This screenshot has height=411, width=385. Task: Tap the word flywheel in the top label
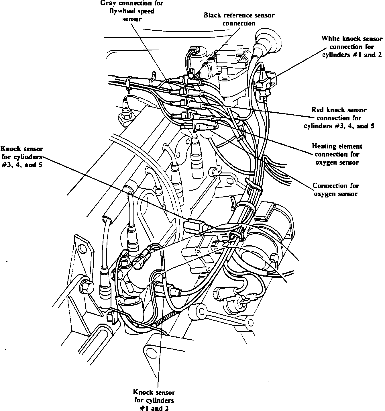point(123,11)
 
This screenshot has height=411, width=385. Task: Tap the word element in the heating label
point(351,146)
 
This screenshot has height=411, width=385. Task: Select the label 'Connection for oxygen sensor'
point(336,190)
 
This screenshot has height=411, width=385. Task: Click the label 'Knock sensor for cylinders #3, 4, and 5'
point(22,157)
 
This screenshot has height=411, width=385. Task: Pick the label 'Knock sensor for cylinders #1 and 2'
point(154,400)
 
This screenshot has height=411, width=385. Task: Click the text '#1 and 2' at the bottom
point(154,408)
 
